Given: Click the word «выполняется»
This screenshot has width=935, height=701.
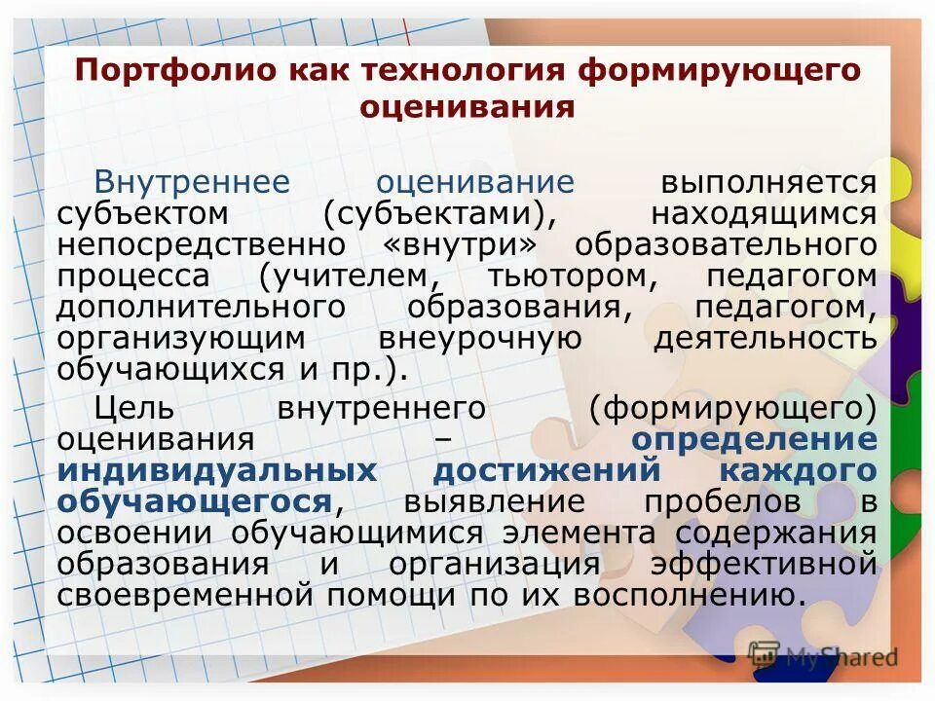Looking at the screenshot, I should point(769,182).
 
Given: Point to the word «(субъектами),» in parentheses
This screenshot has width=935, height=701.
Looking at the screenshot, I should point(433,212).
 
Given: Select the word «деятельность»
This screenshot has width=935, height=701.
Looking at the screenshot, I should point(766,338).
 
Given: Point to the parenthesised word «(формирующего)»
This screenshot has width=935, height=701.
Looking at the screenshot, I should point(732,408).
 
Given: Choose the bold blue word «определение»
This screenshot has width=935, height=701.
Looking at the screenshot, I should point(754,439).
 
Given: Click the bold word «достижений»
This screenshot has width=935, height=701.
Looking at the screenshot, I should point(546,470).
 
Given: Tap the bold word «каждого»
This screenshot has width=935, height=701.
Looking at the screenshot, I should point(798,470).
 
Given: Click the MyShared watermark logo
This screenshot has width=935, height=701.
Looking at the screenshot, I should point(823,655).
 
